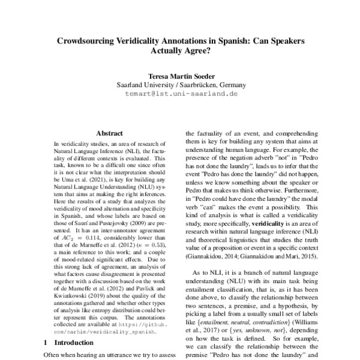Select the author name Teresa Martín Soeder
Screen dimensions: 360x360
179,76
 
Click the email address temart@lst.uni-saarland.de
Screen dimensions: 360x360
179,94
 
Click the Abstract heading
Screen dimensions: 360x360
109,133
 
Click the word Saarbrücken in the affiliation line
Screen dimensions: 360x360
197,85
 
